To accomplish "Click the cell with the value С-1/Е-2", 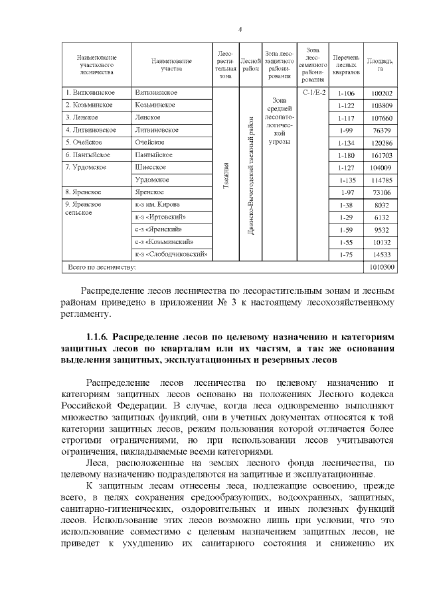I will pyautogui.click(x=314, y=92).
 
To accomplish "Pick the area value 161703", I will pyautogui.click(x=381, y=154).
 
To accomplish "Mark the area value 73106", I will pyautogui.click(x=381, y=192).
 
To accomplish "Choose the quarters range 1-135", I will pyautogui.click(x=347, y=180).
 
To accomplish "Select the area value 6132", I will pyautogui.click(x=381, y=217).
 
